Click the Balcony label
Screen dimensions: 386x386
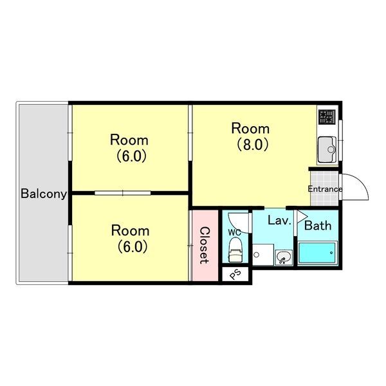(x=44, y=194)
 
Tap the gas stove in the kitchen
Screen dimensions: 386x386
(x=327, y=117)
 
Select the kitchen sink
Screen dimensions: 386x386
(x=327, y=149)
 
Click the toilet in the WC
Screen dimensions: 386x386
(x=235, y=250)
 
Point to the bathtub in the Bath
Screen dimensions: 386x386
(x=317, y=253)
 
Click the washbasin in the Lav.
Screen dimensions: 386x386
(x=284, y=257)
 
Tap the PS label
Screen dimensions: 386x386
(x=235, y=274)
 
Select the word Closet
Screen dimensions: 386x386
(x=205, y=246)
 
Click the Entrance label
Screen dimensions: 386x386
(x=325, y=189)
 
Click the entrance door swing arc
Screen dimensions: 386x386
(x=362, y=181)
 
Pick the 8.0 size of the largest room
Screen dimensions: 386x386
(x=253, y=145)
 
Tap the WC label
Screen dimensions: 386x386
(x=234, y=232)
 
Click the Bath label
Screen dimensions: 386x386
(x=318, y=226)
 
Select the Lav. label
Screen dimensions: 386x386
(x=279, y=220)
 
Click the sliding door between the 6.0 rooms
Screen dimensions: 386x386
(x=123, y=193)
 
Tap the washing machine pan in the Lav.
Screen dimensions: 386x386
(x=263, y=255)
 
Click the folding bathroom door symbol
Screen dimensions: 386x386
(x=302, y=217)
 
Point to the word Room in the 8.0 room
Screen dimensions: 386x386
(x=250, y=129)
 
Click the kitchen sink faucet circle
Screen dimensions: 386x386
(x=331, y=149)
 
